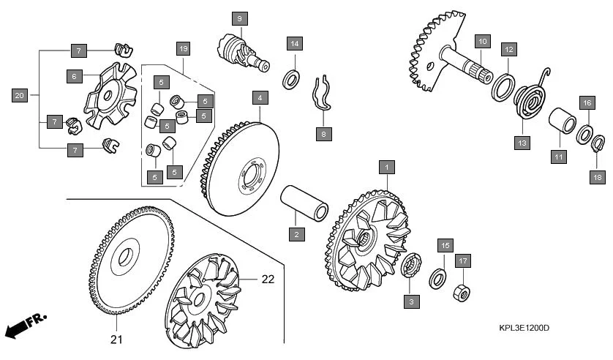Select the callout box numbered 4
click(x=260, y=97)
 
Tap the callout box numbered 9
click(x=241, y=18)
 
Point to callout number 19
click(x=183, y=49)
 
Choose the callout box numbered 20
click(x=20, y=95)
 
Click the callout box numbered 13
click(x=522, y=143)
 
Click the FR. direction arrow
click(x=23, y=325)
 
